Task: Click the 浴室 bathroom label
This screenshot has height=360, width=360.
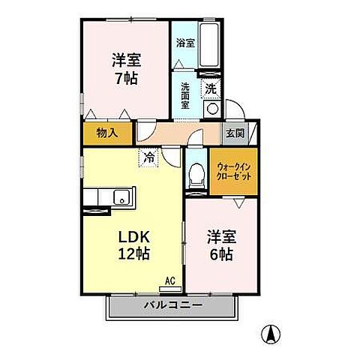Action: pyautogui.click(x=184, y=43)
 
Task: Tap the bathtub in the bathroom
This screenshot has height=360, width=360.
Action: pyautogui.click(x=210, y=45)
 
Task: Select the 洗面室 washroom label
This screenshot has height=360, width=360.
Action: pyautogui.click(x=185, y=94)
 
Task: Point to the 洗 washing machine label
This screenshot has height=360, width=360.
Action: pyautogui.click(x=211, y=88)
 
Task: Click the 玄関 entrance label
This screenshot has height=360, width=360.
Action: pyautogui.click(x=234, y=133)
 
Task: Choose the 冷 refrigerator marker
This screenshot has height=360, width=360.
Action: pyautogui.click(x=149, y=158)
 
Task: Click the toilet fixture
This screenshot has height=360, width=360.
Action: pyautogui.click(x=197, y=175)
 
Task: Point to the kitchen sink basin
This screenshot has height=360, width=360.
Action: pyautogui.click(x=120, y=199)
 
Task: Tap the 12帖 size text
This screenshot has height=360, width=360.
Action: pyautogui.click(x=133, y=253)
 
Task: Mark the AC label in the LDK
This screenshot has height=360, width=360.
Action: pyautogui.click(x=169, y=281)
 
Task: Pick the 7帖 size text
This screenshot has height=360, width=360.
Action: pyautogui.click(x=126, y=77)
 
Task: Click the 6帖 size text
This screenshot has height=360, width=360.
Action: pyautogui.click(x=223, y=254)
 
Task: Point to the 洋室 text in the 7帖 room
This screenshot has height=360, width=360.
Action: pyautogui.click(x=126, y=59)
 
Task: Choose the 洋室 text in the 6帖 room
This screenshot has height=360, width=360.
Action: pyautogui.click(x=223, y=235)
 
